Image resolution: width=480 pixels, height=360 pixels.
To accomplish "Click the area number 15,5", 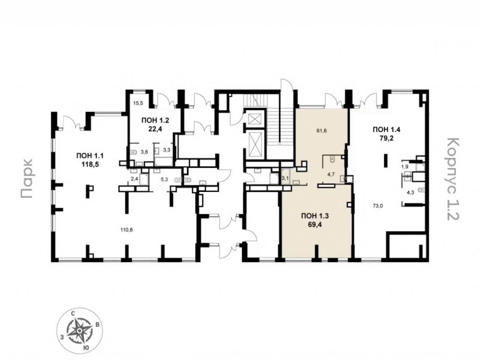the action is pos(138,103).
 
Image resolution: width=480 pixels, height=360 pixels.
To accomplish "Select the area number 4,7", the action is pos(331,175).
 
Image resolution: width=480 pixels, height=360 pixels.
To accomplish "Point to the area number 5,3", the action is pos(164,180).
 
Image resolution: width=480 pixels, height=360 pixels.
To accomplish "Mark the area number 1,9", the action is pos(405,167).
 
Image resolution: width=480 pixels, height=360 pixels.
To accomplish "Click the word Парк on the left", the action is pos(27,179).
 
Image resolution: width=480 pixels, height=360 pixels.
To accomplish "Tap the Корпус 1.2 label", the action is pos(453,179).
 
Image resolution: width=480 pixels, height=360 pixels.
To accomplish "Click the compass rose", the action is pos(79,331).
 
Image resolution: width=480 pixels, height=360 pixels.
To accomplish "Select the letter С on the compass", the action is pos(73,314).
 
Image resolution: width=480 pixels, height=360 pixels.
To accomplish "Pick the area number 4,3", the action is pos(410,193).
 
